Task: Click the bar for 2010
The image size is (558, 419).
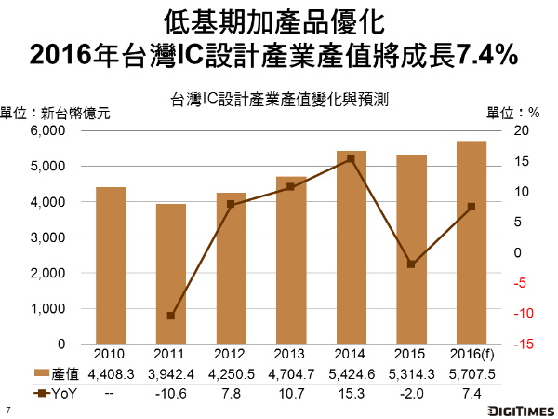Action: point(111,265)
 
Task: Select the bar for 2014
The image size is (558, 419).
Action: point(351,247)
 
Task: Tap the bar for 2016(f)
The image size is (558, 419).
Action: point(471,242)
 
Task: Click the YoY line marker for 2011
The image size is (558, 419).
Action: point(171,316)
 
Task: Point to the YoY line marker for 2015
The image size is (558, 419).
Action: point(411,264)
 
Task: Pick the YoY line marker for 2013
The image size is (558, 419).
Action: point(291,187)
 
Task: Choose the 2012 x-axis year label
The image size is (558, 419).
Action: point(231,355)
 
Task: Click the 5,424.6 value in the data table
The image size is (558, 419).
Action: point(351,373)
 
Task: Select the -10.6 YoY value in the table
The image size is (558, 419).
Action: point(171,393)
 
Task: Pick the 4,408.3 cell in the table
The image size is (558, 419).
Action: point(111,373)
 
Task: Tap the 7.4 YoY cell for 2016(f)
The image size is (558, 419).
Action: point(471,393)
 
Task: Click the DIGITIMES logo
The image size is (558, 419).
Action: point(511,410)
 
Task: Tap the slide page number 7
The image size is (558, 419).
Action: point(8,410)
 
